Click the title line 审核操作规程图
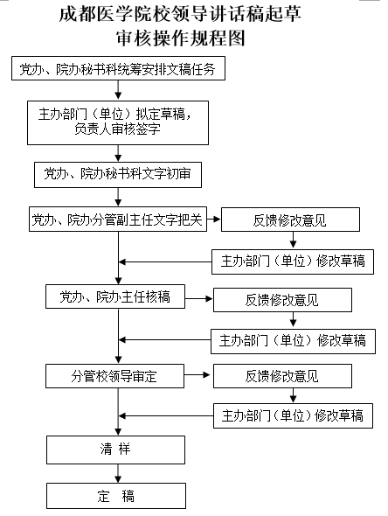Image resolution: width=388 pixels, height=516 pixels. [181, 38]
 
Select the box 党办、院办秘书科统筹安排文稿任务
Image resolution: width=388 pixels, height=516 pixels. [118, 68]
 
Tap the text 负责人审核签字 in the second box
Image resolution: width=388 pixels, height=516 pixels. [117, 129]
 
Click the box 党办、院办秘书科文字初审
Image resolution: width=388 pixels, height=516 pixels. [118, 174]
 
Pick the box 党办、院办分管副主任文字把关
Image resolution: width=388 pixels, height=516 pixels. [118, 220]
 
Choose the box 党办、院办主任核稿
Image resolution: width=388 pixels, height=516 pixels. [115, 296]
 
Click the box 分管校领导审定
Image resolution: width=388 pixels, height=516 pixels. [114, 376]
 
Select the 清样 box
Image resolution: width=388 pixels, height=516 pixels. [115, 450]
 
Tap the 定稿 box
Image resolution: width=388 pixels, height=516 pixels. [116, 496]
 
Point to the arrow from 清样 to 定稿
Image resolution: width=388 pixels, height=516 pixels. [118, 473]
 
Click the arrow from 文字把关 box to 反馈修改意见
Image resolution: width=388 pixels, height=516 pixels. [214, 219]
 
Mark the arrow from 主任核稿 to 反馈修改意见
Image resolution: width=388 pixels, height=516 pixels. [199, 298]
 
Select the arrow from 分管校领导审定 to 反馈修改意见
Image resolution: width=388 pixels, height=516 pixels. [197, 375]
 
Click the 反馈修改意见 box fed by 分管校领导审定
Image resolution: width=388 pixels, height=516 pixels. [282, 376]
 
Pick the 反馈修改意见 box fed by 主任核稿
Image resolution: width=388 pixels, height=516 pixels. [282, 300]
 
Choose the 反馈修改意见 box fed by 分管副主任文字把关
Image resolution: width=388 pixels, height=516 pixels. [290, 220]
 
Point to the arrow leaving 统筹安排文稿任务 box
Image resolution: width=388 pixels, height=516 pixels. [118, 89]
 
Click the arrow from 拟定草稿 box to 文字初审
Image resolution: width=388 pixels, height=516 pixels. [118, 153]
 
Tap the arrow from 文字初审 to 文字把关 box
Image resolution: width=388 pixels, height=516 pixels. [118, 197]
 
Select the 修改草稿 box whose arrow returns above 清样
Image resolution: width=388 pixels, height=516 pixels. [293, 415]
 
